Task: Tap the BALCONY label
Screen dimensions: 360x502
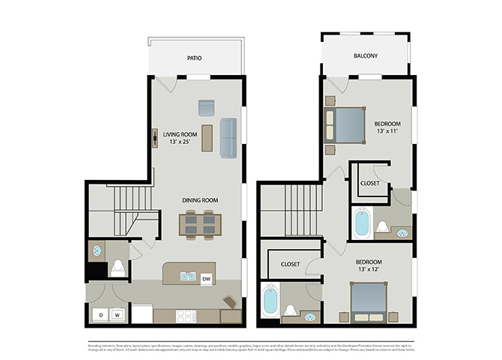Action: [365, 56]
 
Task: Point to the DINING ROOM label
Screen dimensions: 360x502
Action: [199, 200]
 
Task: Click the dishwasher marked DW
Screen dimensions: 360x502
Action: [205, 279]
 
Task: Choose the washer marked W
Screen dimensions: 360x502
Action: [117, 315]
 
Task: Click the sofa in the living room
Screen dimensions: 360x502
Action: [228, 138]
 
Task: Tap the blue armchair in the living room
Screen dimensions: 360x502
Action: [206, 107]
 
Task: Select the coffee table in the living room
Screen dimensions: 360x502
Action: [207, 138]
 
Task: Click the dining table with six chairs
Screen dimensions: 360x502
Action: [199, 223]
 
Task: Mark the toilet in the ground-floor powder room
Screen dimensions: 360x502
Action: [118, 268]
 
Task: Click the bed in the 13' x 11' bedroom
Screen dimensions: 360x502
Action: [345, 125]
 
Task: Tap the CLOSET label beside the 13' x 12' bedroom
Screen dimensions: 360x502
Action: [290, 264]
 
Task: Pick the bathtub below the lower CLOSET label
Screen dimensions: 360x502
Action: [270, 301]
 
